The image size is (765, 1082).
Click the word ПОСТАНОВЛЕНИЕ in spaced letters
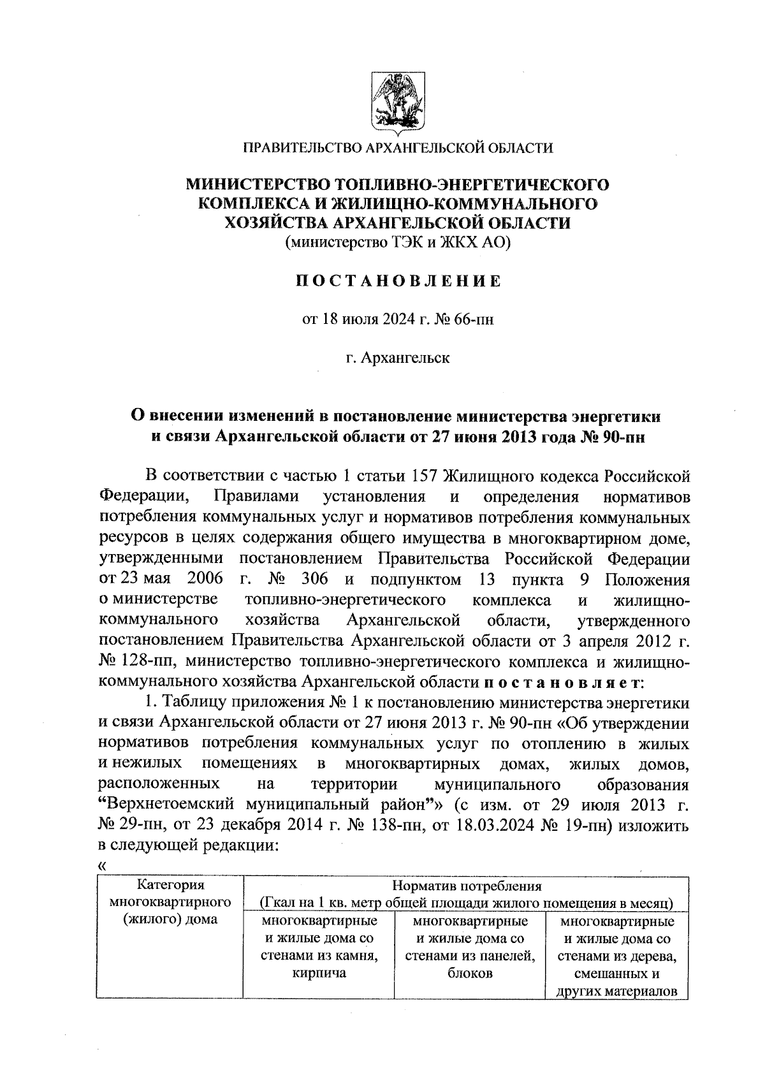click(x=398, y=281)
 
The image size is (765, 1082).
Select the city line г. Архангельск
click(x=398, y=358)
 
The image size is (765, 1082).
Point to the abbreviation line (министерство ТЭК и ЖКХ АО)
click(x=398, y=242)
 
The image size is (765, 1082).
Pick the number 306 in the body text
click(x=316, y=580)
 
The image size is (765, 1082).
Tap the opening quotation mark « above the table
click(x=103, y=866)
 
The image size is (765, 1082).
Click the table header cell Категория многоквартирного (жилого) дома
click(x=170, y=902)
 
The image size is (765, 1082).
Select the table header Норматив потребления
click(x=466, y=886)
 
